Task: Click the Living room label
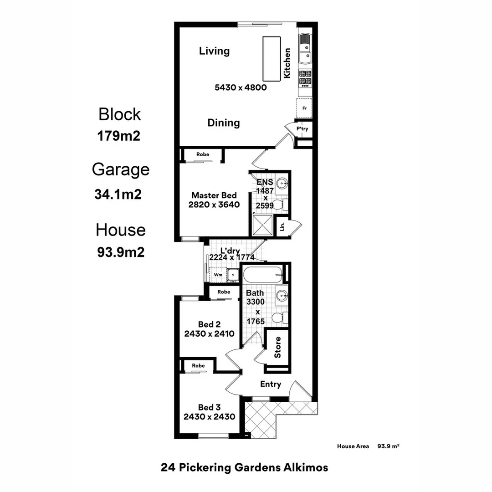[x=214, y=51]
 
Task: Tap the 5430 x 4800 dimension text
[x=240, y=87]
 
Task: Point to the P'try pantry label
[x=302, y=129]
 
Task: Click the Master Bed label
[x=214, y=195]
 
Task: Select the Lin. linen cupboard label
[x=282, y=226]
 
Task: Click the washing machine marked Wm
[x=218, y=275]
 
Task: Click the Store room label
[x=277, y=347]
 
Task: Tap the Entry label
[x=271, y=384]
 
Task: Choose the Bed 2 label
[x=209, y=324]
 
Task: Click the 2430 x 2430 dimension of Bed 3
[x=209, y=416]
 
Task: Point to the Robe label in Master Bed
[x=203, y=154]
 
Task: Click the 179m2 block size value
[x=118, y=136]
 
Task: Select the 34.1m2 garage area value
[x=118, y=195]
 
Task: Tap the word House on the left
[x=121, y=230]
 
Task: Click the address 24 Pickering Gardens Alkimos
[x=244, y=467]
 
